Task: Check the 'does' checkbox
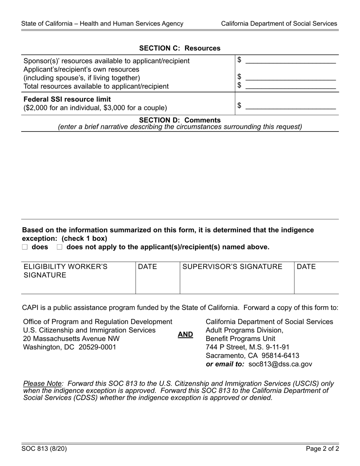[25, 247]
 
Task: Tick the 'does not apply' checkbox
[59, 247]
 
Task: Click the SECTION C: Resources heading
[180, 48]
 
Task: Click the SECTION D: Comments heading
[180, 120]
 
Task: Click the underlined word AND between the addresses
[185, 335]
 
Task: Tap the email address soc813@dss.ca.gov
[280, 364]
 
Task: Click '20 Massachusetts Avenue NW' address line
[71, 338]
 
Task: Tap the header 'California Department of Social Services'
[279, 23]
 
